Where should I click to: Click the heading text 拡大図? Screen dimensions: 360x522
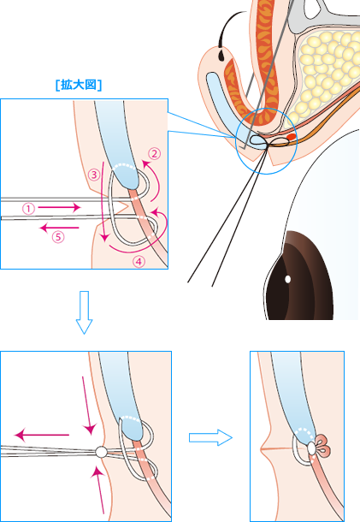pyautogui.click(x=79, y=85)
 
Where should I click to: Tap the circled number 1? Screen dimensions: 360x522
pyautogui.click(x=28, y=209)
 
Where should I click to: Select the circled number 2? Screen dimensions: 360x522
pyautogui.click(x=154, y=153)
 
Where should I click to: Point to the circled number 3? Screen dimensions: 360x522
pyautogui.click(x=94, y=175)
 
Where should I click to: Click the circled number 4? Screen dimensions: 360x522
pyautogui.click(x=139, y=262)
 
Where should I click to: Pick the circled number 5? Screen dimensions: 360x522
pyautogui.click(x=58, y=237)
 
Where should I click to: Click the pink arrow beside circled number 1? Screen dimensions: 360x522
pyautogui.click(x=59, y=208)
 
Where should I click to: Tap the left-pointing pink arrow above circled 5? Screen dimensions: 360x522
pyautogui.click(x=59, y=228)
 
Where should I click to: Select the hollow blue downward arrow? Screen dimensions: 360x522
pyautogui.click(x=84, y=312)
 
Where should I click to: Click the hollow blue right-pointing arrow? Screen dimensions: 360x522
pyautogui.click(x=210, y=437)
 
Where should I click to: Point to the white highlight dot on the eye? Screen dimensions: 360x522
pyautogui.click(x=288, y=279)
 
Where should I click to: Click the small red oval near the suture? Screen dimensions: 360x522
pyautogui.click(x=292, y=137)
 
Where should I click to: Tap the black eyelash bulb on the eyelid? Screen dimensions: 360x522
pyautogui.click(x=221, y=55)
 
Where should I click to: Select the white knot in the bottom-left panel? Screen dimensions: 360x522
pyautogui.click(x=101, y=452)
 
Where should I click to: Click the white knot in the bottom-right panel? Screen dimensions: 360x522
pyautogui.click(x=311, y=448)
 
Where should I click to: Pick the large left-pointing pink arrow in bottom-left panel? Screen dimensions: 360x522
pyautogui.click(x=42, y=435)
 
